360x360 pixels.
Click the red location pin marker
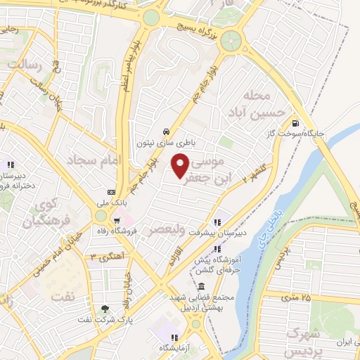(180, 166)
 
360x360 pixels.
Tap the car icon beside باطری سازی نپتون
(165, 131)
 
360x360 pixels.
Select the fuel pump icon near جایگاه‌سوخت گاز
(293, 120)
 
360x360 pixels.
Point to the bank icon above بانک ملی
(111, 192)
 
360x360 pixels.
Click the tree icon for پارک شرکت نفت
(105, 307)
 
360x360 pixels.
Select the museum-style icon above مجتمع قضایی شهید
(201, 287)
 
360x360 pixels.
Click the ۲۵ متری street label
(296, 297)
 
